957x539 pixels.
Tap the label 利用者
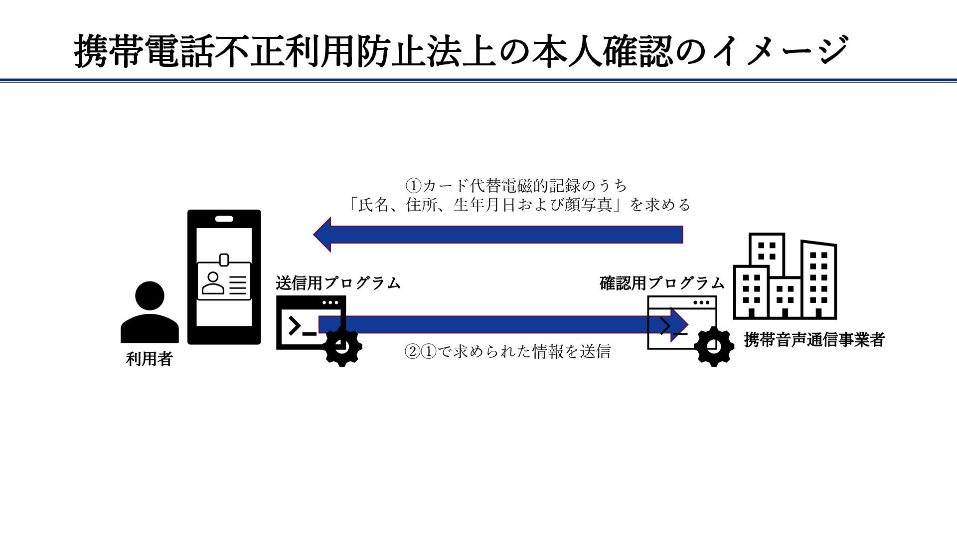(x=149, y=359)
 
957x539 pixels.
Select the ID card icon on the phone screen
(x=224, y=281)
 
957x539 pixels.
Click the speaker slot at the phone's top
(x=224, y=219)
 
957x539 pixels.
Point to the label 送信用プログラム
(x=338, y=283)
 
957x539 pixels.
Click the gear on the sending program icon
(x=342, y=347)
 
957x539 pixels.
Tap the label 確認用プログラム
(x=661, y=283)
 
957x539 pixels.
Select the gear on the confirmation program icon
(x=713, y=346)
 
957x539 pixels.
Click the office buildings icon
(x=785, y=276)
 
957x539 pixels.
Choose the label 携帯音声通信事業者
(x=814, y=340)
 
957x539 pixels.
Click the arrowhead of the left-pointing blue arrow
(x=323, y=234)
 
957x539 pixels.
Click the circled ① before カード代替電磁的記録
(x=414, y=186)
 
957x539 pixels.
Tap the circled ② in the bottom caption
(x=412, y=352)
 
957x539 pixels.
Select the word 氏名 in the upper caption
(x=373, y=205)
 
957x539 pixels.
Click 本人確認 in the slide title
(x=601, y=51)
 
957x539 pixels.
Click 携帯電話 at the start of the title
(x=144, y=51)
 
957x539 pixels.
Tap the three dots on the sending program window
(x=330, y=302)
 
